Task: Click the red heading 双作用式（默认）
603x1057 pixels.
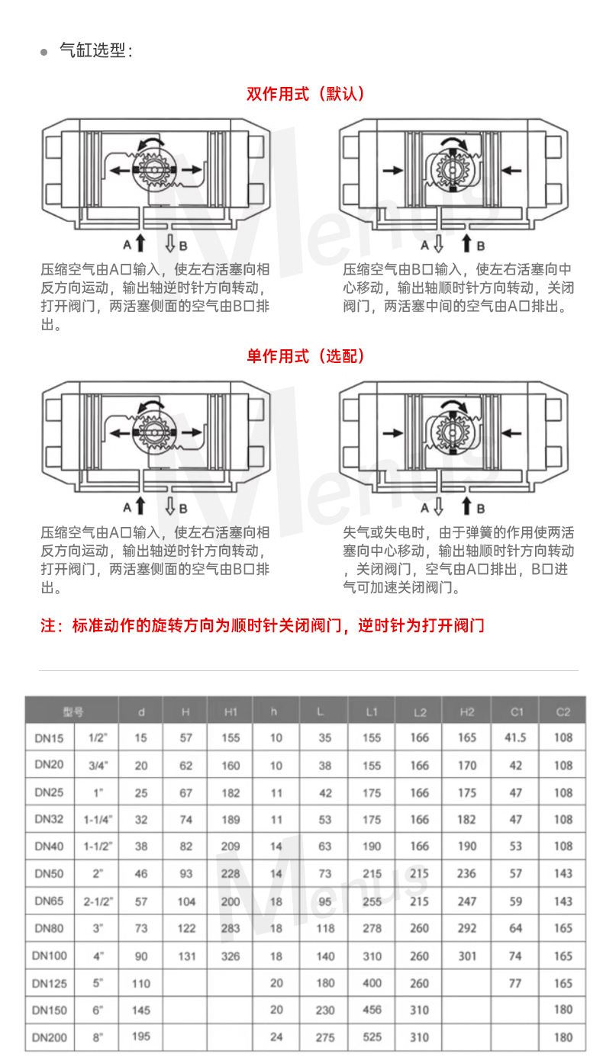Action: (x=305, y=94)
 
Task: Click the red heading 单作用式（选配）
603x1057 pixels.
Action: (x=305, y=356)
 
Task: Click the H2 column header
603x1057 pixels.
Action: (x=466, y=712)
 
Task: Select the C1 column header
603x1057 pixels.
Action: (x=517, y=712)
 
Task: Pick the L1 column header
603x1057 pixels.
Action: (x=372, y=712)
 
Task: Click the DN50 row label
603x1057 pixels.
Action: (x=49, y=873)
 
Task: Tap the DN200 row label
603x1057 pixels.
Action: (x=49, y=1037)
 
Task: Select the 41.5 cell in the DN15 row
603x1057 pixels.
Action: (x=515, y=737)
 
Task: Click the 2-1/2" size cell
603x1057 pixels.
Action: (x=98, y=901)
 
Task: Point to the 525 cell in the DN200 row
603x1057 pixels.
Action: (x=372, y=1037)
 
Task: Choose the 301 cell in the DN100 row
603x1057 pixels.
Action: (x=467, y=956)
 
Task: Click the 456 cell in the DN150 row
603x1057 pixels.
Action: (x=372, y=1010)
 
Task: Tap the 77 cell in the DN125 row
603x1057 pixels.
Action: (x=515, y=983)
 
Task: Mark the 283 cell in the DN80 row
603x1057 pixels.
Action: (x=231, y=928)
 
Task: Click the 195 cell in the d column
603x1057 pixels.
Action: (x=140, y=1036)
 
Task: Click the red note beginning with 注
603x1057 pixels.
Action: (x=263, y=625)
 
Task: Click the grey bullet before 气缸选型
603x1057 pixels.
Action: (x=44, y=52)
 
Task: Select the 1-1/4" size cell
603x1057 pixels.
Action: (x=98, y=820)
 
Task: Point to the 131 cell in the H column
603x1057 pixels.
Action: (x=186, y=956)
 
